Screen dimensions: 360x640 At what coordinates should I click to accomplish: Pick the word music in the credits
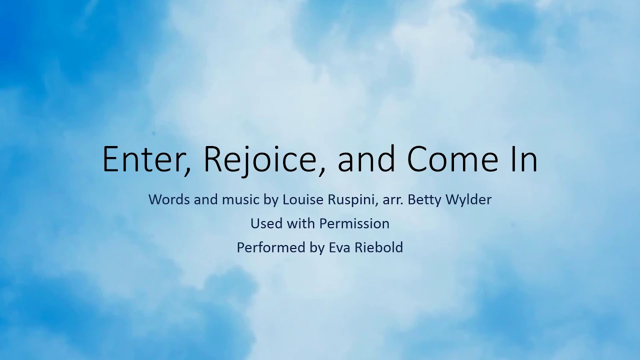(240, 199)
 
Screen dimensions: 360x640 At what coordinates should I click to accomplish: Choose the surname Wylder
(468, 199)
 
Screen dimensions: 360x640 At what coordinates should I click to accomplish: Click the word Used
(265, 223)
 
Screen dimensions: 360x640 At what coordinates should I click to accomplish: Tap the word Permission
(354, 223)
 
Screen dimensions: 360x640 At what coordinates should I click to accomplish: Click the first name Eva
(339, 247)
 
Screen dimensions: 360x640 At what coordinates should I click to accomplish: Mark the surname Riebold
(378, 247)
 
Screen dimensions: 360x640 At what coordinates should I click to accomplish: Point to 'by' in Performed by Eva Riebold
(317, 247)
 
